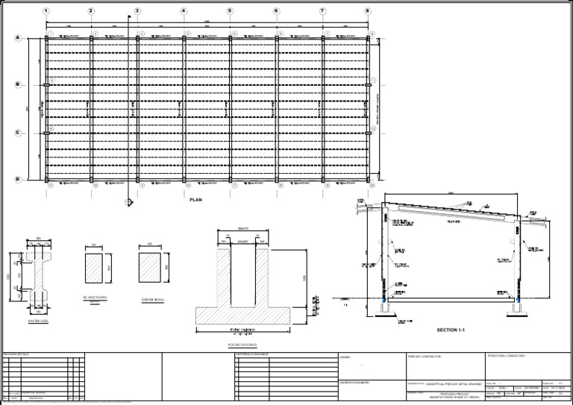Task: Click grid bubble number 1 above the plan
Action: [x=46, y=11]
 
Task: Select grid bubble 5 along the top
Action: [x=230, y=11]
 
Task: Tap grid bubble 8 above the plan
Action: [x=368, y=11]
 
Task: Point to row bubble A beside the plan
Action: [x=17, y=38]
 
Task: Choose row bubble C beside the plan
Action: [x=17, y=133]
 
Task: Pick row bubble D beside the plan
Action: [x=17, y=179]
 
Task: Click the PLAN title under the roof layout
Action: [x=196, y=200]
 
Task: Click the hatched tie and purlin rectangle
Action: [x=98, y=267]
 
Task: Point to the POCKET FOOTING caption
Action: [x=242, y=345]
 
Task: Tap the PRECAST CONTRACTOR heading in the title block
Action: [x=425, y=357]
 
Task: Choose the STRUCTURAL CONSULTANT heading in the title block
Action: [x=507, y=356]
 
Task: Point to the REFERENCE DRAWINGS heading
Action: [x=256, y=354]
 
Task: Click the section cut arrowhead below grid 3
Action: [x=129, y=201]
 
